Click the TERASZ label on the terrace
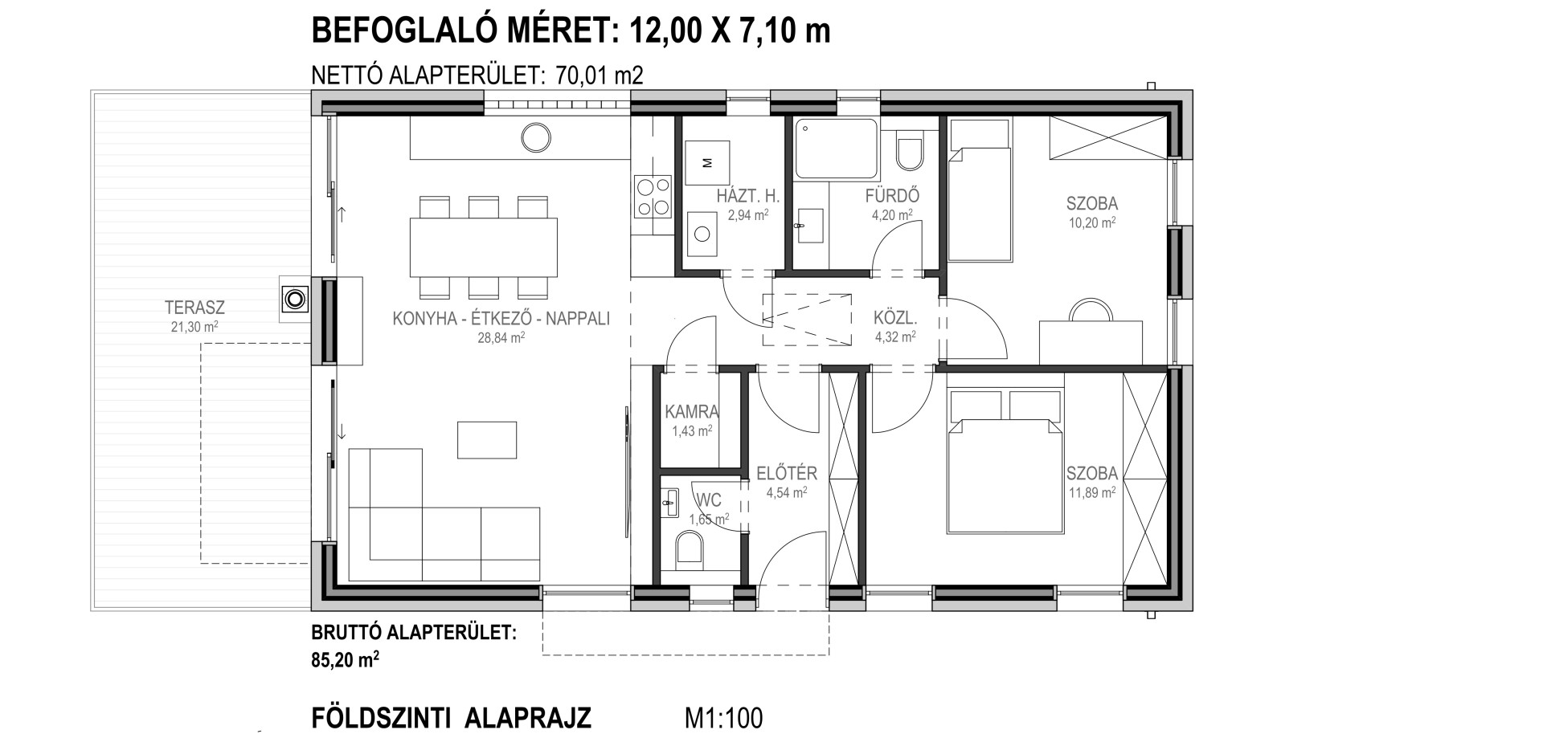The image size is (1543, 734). (194, 307)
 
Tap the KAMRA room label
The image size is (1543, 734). (692, 412)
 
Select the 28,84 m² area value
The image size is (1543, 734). (501, 338)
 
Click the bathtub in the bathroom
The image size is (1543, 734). (836, 149)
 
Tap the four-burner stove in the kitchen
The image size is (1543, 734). (653, 197)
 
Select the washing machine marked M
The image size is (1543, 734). (708, 164)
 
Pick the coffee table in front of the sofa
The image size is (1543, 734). (487, 440)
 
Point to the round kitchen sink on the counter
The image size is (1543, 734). (530, 137)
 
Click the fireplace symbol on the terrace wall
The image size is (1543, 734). (295, 300)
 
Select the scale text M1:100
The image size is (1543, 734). (723, 717)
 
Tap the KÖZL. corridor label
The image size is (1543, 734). (895, 318)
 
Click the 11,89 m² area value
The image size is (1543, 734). (1091, 492)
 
